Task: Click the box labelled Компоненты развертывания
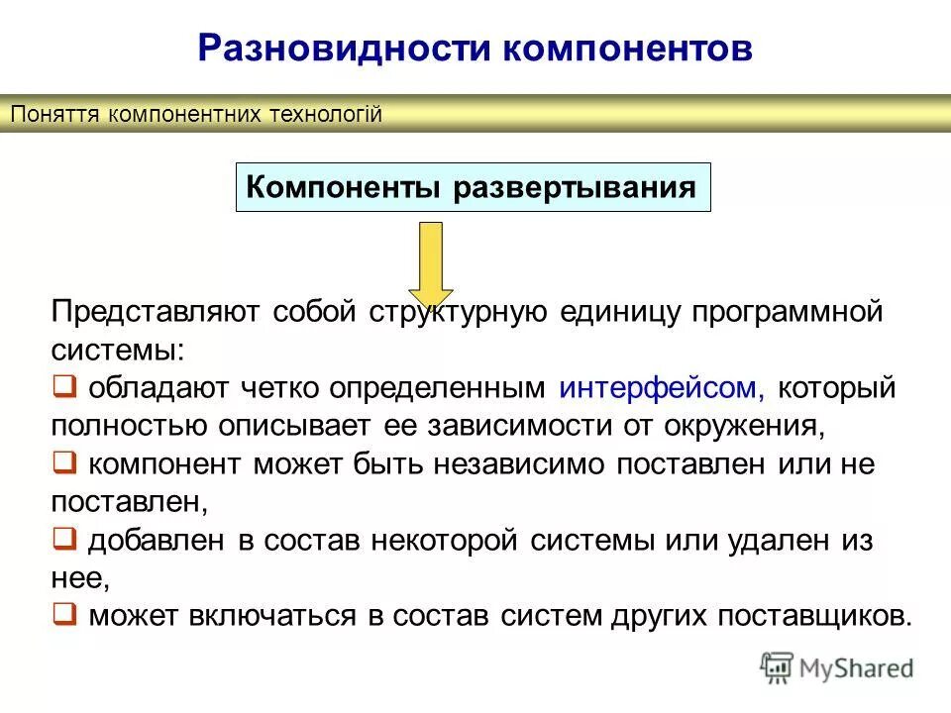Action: [x=473, y=187]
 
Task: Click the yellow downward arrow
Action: [x=431, y=263]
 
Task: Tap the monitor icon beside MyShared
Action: [x=778, y=667]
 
